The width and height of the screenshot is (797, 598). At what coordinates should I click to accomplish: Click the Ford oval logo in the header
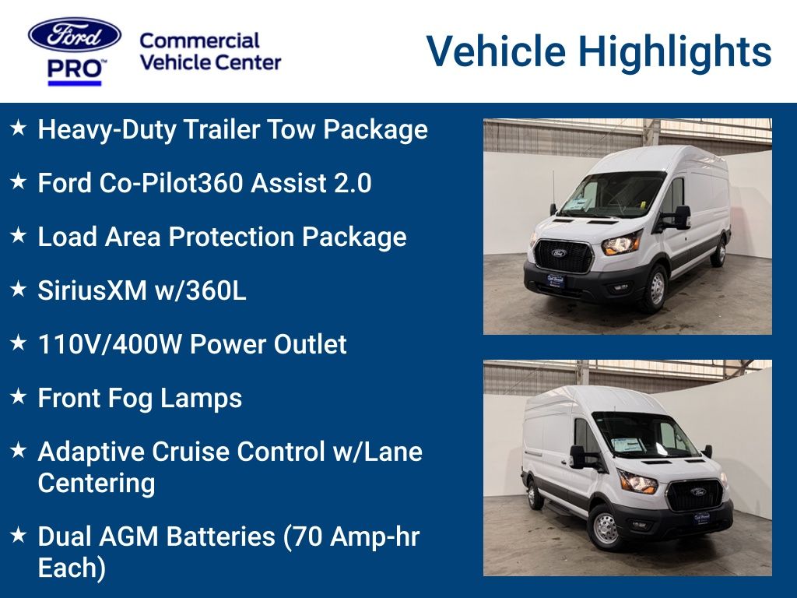point(75,35)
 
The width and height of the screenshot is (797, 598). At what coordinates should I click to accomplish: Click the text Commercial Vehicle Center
point(210,51)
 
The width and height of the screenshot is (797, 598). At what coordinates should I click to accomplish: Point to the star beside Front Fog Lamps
point(19,397)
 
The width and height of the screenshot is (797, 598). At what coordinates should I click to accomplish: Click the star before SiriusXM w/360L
point(19,290)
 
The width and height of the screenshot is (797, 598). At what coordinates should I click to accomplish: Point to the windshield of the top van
point(615,195)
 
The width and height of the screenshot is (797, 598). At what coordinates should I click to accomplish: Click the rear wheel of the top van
point(721,252)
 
